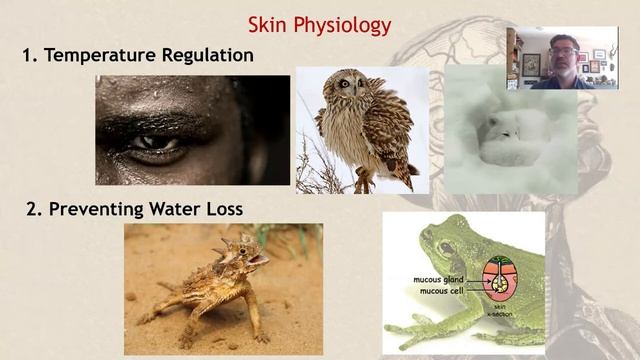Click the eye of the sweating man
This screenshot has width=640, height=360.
pos(150,143)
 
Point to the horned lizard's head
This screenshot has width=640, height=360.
pos(240,255)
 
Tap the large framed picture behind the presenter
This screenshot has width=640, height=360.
pos(531,62)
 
